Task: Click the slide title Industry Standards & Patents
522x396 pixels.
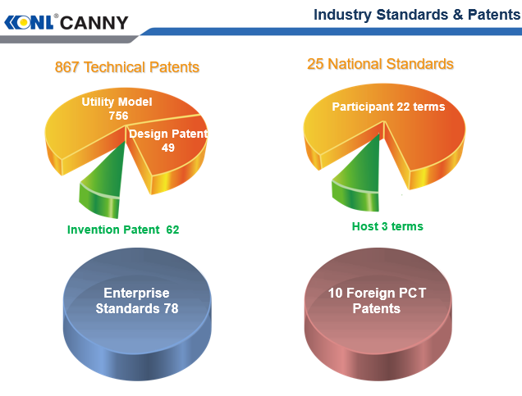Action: pyautogui.click(x=416, y=15)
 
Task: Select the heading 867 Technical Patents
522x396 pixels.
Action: pyautogui.click(x=127, y=67)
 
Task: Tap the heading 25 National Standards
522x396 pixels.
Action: pyautogui.click(x=380, y=64)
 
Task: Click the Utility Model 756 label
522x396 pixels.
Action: pyautogui.click(x=117, y=109)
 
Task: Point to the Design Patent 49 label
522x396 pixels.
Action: pyautogui.click(x=168, y=141)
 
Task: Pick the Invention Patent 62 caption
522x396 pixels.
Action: pyautogui.click(x=123, y=230)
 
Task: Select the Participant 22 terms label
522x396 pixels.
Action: pyautogui.click(x=388, y=107)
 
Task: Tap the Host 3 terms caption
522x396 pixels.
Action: pyautogui.click(x=382, y=225)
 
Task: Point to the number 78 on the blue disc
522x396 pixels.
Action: pyautogui.click(x=170, y=309)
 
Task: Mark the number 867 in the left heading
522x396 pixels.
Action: pyautogui.click(x=68, y=67)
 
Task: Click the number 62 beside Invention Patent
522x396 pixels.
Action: pyautogui.click(x=172, y=230)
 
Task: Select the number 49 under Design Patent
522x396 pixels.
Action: pyautogui.click(x=168, y=148)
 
